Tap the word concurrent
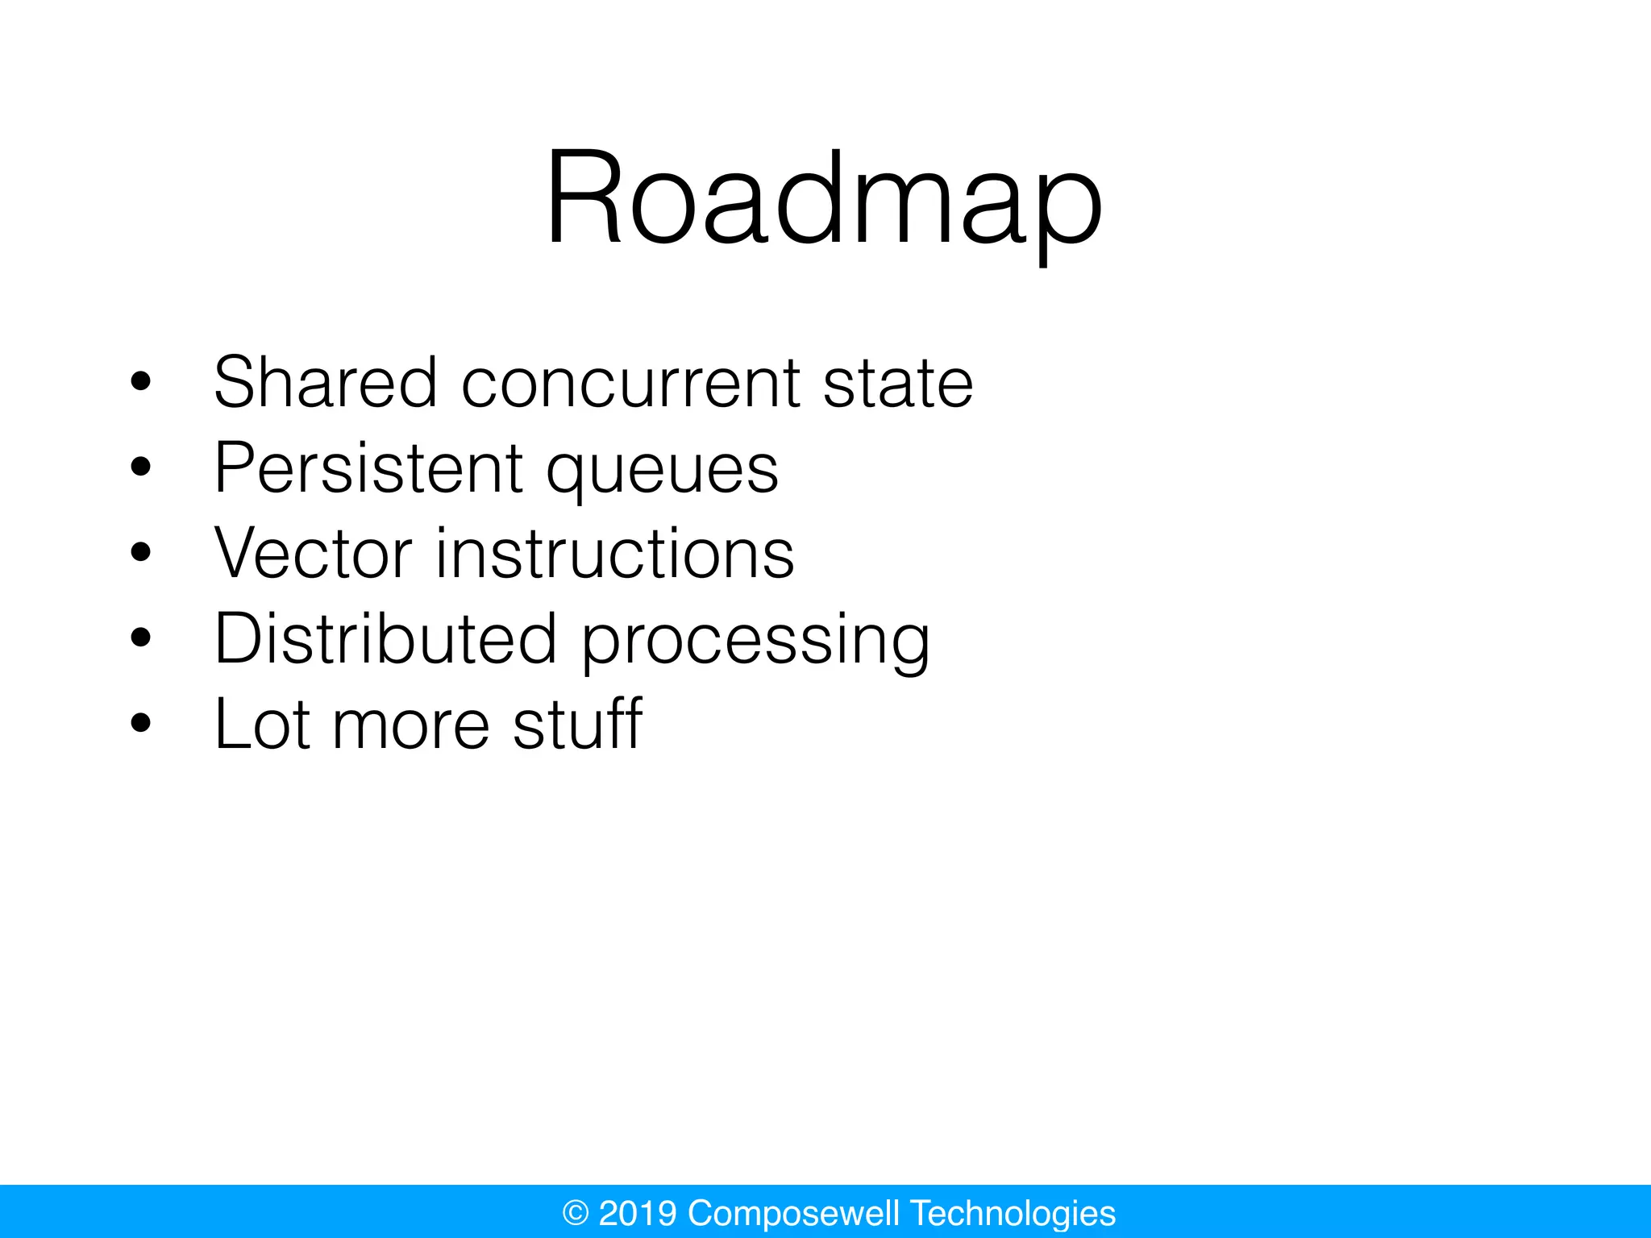[x=630, y=384]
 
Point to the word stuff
[x=577, y=724]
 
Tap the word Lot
[x=262, y=724]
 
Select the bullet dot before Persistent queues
[x=140, y=467]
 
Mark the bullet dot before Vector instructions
[x=140, y=552]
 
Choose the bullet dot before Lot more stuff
[x=140, y=723]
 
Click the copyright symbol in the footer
[x=576, y=1213]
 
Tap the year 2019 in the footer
[x=638, y=1213]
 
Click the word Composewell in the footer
[x=793, y=1213]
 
